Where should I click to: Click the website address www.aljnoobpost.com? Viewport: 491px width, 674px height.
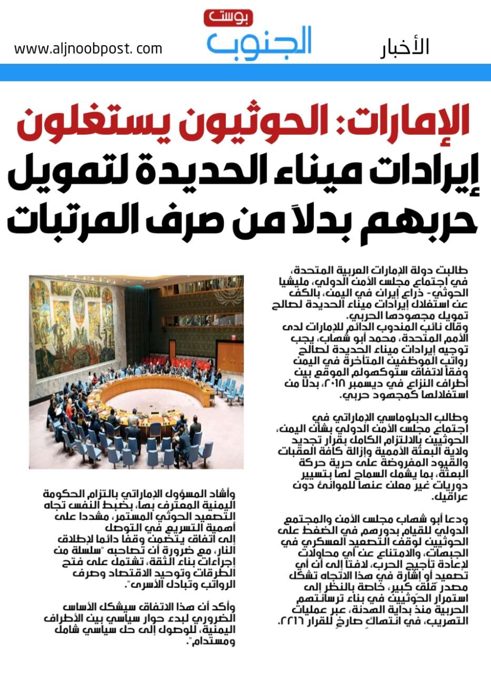[x=88, y=49]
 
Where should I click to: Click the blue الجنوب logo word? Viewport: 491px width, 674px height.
[x=259, y=42]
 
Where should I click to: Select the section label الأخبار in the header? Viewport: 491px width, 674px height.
[x=405, y=47]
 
